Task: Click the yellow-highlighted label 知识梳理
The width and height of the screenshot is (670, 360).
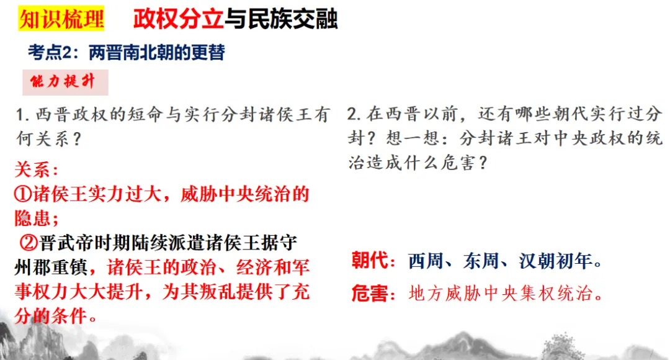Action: coord(61,19)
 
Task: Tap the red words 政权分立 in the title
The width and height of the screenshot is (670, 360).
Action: coord(178,19)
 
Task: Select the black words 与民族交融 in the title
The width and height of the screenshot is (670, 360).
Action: coord(280,19)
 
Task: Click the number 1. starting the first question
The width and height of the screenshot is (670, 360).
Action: coord(24,115)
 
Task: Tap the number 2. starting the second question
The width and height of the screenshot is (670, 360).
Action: coord(354,115)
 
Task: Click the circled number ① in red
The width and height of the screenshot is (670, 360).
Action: coord(24,194)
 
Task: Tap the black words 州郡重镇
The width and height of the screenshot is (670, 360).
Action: coord(52,267)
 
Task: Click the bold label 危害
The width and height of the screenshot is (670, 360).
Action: coord(370,293)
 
